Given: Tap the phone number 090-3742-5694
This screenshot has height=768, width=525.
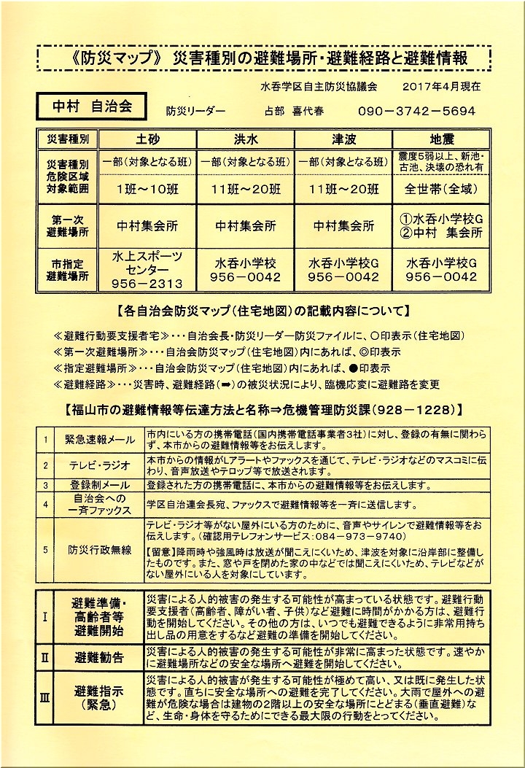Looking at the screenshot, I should [416, 112].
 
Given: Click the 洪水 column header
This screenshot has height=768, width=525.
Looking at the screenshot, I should [245, 138].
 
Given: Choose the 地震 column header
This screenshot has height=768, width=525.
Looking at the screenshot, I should [442, 138].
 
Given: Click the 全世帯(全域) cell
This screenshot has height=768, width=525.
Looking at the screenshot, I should [442, 189].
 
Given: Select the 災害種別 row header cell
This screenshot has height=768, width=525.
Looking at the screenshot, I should [67, 138].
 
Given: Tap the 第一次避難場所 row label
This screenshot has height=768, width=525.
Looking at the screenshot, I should [67, 226].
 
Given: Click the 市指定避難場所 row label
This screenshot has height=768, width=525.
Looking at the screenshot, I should [67, 270].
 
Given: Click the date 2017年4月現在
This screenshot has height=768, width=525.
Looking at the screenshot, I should [441, 85].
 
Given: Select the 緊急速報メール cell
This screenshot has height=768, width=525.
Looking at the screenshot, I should [98, 440].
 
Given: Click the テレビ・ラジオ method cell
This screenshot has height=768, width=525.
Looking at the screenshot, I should [98, 465].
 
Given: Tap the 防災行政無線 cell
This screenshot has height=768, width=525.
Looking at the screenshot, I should [98, 550].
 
